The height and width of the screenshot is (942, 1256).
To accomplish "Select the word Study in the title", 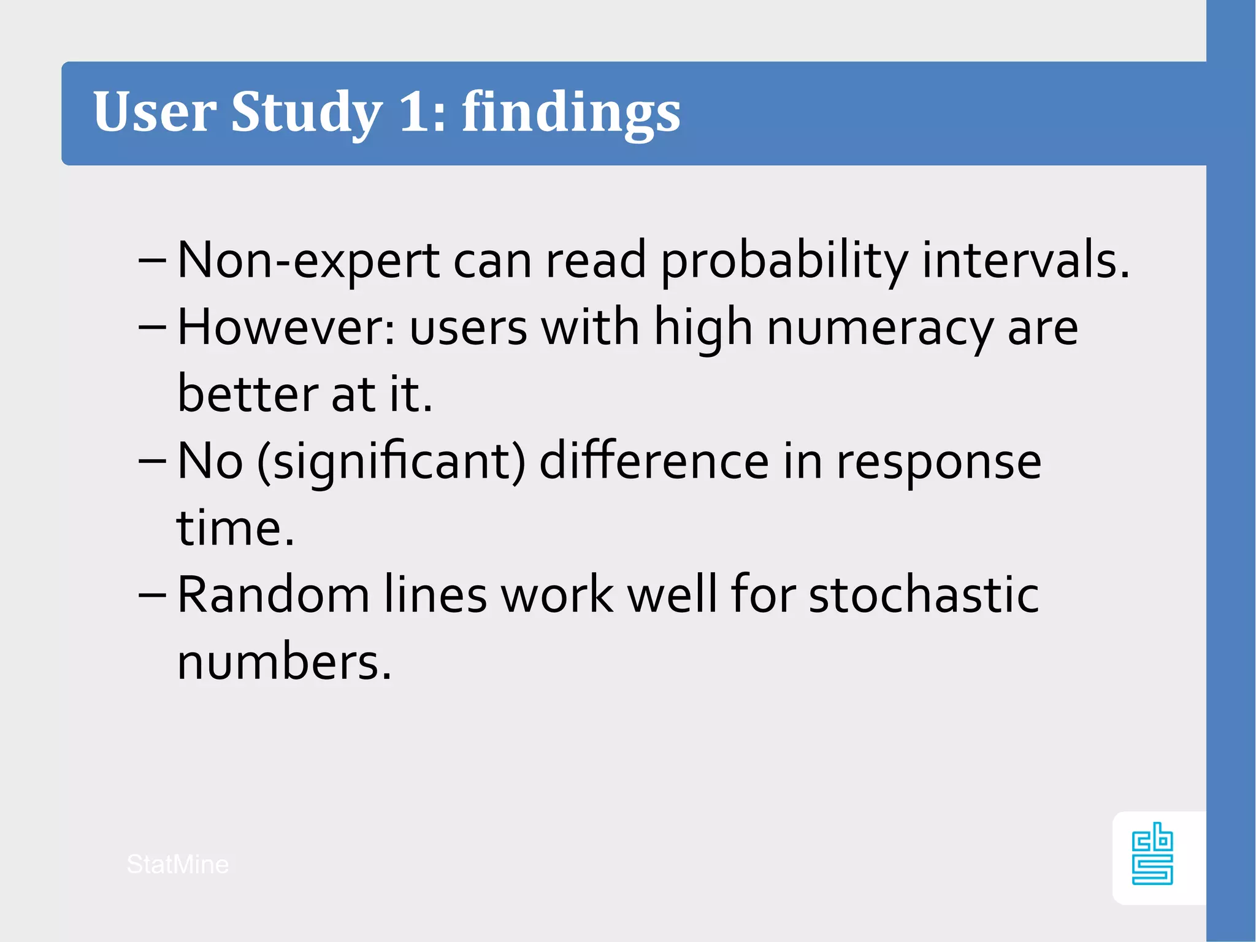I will pyautogui.click(x=307, y=113).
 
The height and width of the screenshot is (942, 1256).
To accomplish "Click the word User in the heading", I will pyautogui.click(x=154, y=112).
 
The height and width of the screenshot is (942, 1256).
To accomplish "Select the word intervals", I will pyautogui.click(x=1025, y=261).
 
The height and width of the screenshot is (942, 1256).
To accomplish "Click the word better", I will pyautogui.click(x=247, y=394).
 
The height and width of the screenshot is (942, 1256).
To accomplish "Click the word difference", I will pyautogui.click(x=654, y=461).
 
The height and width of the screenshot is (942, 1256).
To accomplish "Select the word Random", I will pyautogui.click(x=274, y=595).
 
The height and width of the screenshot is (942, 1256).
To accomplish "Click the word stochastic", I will pyautogui.click(x=924, y=595).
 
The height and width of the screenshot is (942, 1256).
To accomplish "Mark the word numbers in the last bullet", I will pyautogui.click(x=283, y=662).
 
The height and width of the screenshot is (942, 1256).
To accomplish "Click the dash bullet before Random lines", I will pyautogui.click(x=152, y=595).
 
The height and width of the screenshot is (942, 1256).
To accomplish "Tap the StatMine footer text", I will pyautogui.click(x=178, y=865).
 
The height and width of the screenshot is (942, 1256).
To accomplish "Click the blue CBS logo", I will pyautogui.click(x=1152, y=854).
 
